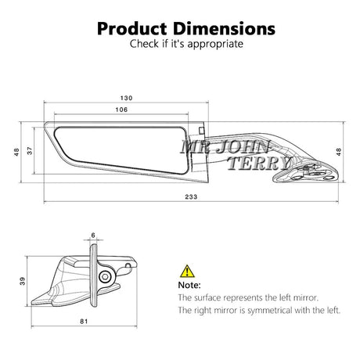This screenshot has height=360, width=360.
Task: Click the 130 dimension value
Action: click(x=126, y=98)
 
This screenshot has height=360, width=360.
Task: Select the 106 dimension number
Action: click(x=121, y=110)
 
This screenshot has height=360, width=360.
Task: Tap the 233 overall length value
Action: click(x=191, y=196)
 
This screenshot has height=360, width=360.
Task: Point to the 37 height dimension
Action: click(x=30, y=150)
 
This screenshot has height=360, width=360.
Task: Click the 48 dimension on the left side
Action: click(x=16, y=152)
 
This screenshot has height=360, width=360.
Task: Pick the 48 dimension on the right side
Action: click(x=338, y=152)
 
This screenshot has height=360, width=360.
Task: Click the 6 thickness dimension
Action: click(x=93, y=236)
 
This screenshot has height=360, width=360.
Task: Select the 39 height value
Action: click(x=23, y=281)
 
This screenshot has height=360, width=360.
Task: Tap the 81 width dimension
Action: click(x=84, y=322)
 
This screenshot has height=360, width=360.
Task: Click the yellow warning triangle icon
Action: click(x=187, y=272)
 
